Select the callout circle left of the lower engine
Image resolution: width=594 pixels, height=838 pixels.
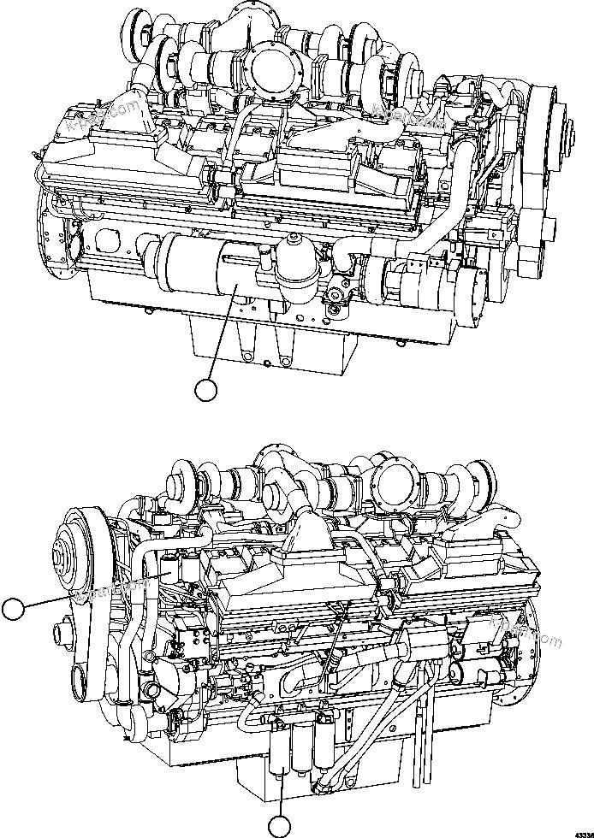12,609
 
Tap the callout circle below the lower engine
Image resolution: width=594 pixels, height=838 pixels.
279,826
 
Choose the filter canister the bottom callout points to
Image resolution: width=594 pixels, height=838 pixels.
283,744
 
